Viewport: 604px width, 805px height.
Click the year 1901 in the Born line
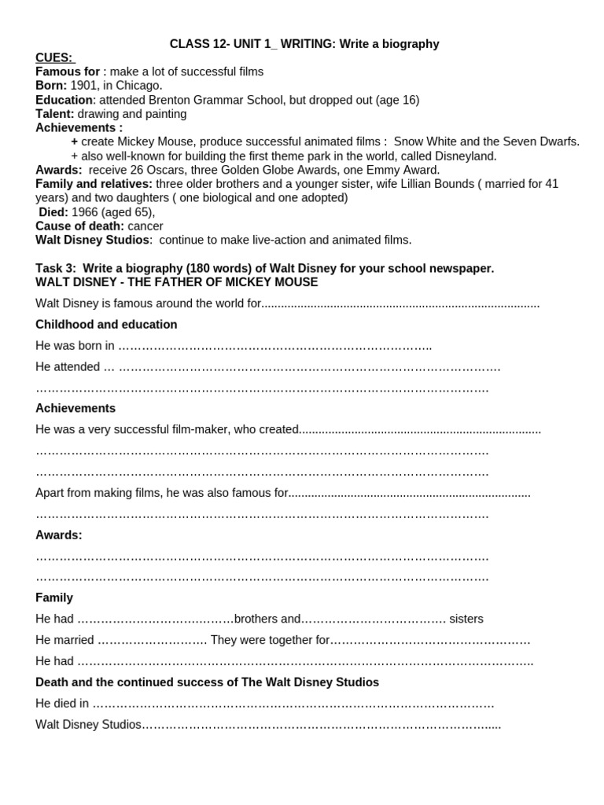[x=83, y=86]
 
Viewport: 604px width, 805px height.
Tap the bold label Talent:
[x=54, y=114]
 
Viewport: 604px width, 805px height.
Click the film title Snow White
[x=425, y=142]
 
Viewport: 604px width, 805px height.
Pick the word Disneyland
[x=465, y=156]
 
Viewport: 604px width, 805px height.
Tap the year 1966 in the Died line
[x=85, y=212]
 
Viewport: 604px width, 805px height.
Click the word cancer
[x=145, y=226]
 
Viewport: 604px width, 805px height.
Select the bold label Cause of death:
[x=79, y=226]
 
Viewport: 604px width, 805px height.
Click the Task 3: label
[x=57, y=268]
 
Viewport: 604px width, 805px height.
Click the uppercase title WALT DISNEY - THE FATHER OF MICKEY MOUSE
[x=176, y=282]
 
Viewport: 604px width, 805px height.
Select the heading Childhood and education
[x=106, y=325]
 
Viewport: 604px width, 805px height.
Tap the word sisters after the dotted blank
[x=466, y=619]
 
